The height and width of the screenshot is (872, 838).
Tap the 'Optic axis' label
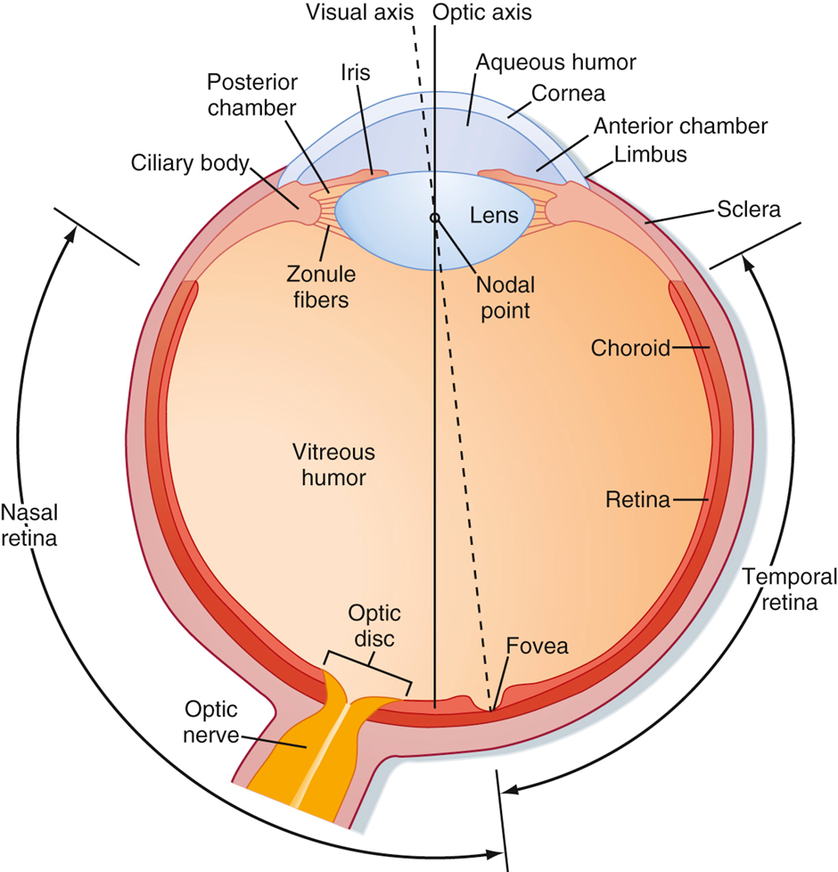pos(481,12)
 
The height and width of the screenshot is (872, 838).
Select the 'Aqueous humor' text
pos(556,62)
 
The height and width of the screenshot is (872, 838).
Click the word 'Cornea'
pos(569,93)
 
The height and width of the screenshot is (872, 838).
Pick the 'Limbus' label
pos(650,154)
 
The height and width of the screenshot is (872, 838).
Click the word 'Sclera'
pos(749,210)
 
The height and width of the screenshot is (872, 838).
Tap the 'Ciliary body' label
pos(189,164)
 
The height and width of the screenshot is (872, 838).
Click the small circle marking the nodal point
pos(435,218)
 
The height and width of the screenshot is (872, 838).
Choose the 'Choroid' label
pos(629,348)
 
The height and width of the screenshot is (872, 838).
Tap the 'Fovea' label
pos(537,646)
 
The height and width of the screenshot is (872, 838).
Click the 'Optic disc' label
pos(374,625)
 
